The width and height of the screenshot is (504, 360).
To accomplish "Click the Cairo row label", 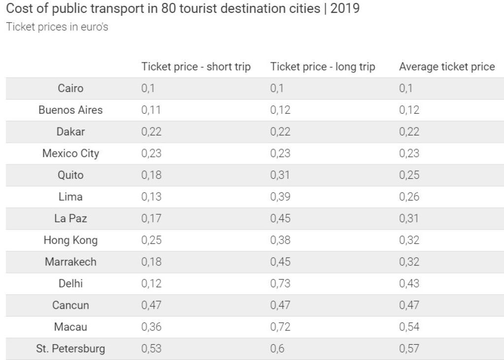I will (x=70, y=89).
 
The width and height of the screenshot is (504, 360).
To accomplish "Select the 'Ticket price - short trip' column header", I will (x=196, y=67).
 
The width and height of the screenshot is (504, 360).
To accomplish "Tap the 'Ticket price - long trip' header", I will (x=322, y=67).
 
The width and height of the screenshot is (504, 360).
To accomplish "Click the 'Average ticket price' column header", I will (x=446, y=67).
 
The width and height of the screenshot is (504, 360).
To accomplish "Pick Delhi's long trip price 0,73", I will (x=280, y=284).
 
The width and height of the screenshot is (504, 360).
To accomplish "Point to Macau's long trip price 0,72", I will (x=280, y=327).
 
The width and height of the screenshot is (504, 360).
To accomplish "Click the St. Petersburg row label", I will (x=70, y=349).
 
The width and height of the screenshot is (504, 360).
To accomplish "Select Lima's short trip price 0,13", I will (x=151, y=197).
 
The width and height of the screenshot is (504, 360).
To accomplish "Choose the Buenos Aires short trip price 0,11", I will (x=151, y=110).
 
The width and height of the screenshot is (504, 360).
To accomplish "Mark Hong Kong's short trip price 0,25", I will (x=151, y=240).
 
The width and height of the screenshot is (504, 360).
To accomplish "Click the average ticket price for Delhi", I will (x=409, y=284).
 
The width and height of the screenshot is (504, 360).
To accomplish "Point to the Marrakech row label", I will (x=70, y=262).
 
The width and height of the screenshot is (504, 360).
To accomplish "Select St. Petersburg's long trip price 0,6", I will (x=277, y=349).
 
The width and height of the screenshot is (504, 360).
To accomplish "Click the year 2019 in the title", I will (x=345, y=9).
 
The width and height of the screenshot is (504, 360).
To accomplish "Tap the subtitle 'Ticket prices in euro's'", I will (x=57, y=27).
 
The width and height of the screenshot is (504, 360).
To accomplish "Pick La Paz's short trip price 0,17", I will (x=151, y=219).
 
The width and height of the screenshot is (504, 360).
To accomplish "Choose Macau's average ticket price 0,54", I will (x=409, y=327).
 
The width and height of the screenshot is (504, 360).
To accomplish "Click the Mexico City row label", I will (x=70, y=154).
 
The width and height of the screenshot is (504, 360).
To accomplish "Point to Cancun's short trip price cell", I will (x=151, y=305).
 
